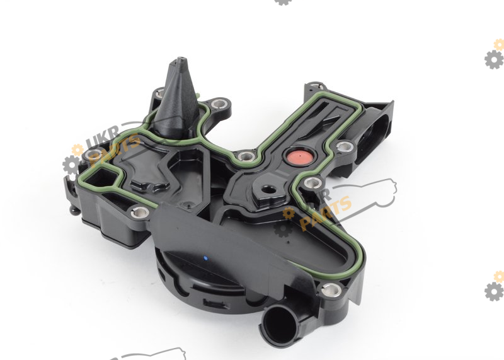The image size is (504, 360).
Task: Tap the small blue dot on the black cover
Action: pos(205,258)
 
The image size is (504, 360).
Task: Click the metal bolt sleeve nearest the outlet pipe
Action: pos(331,290)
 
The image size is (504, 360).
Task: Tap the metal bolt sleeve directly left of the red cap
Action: pos(246,157)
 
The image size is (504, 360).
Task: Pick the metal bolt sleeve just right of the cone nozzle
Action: pos(219,104)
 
